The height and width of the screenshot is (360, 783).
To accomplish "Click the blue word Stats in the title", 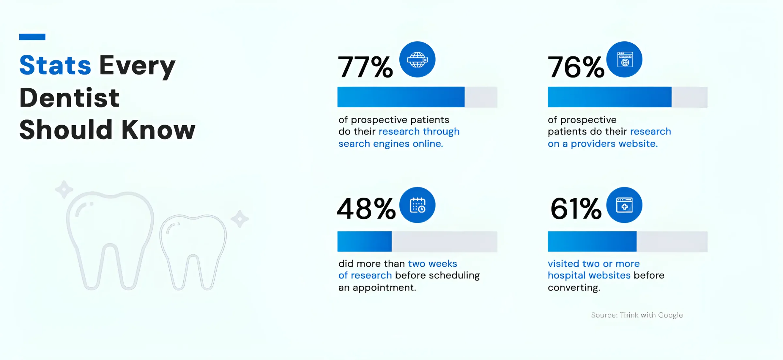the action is click(x=55, y=65).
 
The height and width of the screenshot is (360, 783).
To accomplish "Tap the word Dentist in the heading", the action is click(x=69, y=97).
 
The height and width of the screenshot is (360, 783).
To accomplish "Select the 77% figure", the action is click(x=365, y=67).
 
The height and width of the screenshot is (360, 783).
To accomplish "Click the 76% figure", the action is click(x=576, y=67).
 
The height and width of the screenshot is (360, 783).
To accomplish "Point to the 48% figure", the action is click(x=366, y=209).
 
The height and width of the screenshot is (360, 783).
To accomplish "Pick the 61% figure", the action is click(x=576, y=209).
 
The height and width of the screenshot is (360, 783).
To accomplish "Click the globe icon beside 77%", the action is click(x=417, y=59).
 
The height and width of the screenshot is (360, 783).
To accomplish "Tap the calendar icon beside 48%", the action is click(x=417, y=205).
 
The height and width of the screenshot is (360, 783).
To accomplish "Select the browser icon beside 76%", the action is click(x=624, y=59).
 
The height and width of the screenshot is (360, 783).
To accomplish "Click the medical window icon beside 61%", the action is click(x=624, y=205).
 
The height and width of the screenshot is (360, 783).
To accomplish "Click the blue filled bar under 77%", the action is click(x=401, y=97).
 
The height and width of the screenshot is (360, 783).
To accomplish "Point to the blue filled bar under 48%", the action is click(x=364, y=241).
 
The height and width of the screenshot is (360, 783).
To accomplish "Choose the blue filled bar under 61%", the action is click(x=592, y=241).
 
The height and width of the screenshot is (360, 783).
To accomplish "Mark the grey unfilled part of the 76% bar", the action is click(x=690, y=97).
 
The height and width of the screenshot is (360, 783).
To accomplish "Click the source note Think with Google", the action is click(x=637, y=315).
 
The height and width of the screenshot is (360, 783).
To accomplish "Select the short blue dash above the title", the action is click(x=32, y=37).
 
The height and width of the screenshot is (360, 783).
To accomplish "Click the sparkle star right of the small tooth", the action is click(x=240, y=219).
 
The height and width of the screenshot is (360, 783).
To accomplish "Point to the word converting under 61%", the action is click(x=574, y=288).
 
